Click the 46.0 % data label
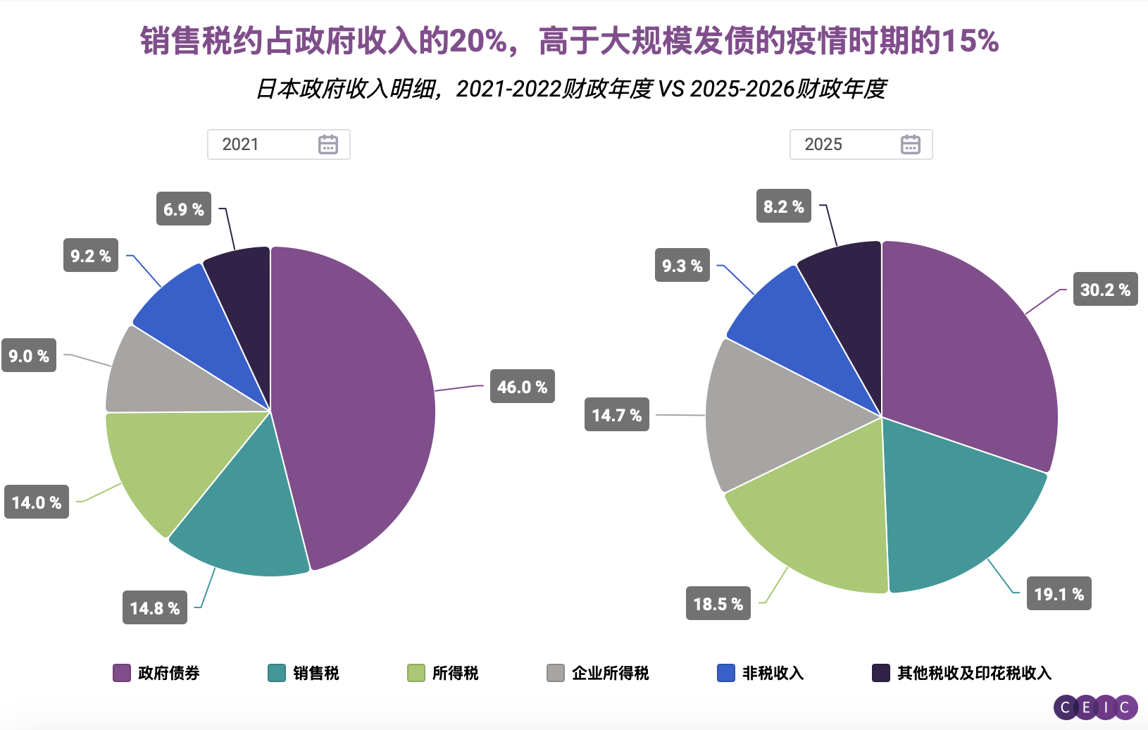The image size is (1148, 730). (522, 386)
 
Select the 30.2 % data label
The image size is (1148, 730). (1105, 289)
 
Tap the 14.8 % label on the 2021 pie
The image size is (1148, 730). (155, 607)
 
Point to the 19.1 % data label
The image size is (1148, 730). (1059, 593)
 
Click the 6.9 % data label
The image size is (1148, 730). (183, 209)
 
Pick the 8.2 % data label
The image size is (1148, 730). (783, 206)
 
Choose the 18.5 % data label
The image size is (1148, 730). (718, 603)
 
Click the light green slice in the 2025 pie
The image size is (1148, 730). (817, 521)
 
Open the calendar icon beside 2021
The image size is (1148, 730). (328, 144)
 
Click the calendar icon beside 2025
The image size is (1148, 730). (911, 144)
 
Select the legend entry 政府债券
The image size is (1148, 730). (156, 673)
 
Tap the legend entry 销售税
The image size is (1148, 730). (304, 673)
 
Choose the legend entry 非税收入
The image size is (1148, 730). (761, 673)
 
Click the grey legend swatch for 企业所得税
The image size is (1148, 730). (556, 673)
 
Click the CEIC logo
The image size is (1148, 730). (1095, 707)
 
